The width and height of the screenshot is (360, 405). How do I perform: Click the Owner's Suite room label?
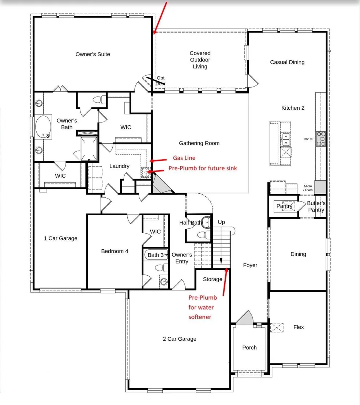click(93, 54)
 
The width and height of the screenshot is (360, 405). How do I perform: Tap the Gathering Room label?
click(199, 143)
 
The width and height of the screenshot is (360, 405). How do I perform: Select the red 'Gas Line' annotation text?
click(184, 158)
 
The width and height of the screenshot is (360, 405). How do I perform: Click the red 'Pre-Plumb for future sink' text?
click(203, 168)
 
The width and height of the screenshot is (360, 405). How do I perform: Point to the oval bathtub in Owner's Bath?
click(43, 127)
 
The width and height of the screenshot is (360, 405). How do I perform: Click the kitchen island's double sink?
click(286, 139)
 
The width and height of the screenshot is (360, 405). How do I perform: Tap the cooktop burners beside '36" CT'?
click(321, 139)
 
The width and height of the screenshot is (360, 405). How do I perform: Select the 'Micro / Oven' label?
click(308, 188)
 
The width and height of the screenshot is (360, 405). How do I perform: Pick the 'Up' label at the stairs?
click(221, 222)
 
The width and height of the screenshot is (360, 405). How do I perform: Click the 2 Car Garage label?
click(179, 339)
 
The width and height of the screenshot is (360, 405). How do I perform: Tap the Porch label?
click(250, 348)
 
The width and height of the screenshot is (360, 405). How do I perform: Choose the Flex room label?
click(299, 327)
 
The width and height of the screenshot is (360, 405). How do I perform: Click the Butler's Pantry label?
click(316, 207)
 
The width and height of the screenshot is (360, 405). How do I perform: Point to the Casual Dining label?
click(287, 62)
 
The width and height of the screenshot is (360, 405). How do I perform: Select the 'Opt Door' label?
click(161, 80)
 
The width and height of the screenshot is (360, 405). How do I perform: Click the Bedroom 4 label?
click(115, 251)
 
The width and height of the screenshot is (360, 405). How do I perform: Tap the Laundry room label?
click(119, 166)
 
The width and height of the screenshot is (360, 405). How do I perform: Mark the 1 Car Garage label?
click(60, 238)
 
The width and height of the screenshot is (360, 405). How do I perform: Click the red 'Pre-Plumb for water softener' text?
click(202, 307)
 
